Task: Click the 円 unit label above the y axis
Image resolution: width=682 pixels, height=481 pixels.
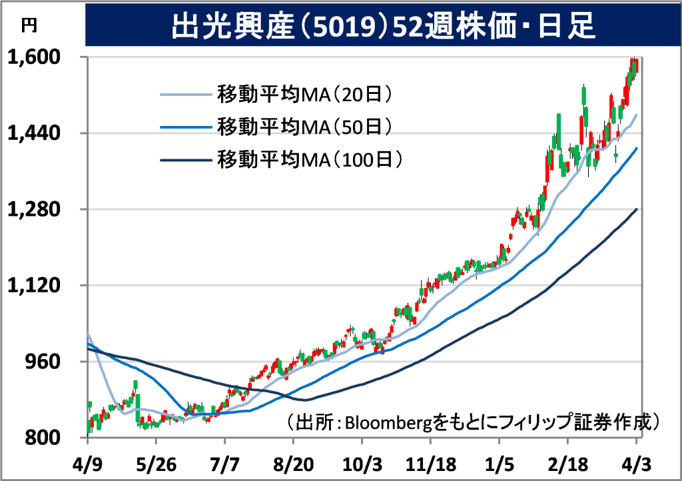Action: pyautogui.click(x=30, y=25)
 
